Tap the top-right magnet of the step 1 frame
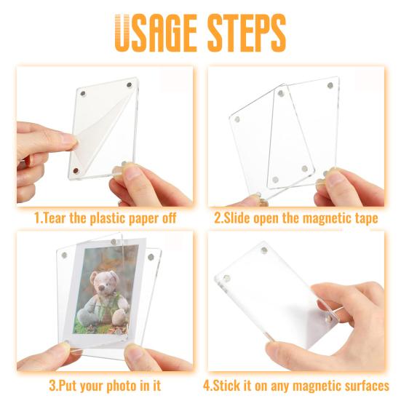coord(130,85)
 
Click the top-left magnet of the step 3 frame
coord(63,255)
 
